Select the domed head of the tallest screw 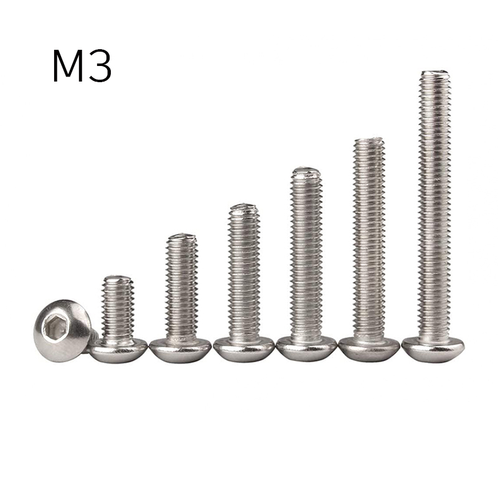(x=433, y=349)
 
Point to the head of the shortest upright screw (x=118, y=350)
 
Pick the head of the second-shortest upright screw (x=180, y=350)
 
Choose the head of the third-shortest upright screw (x=243, y=349)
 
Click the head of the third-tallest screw (x=306, y=349)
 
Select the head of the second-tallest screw (x=369, y=349)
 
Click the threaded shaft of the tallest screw (x=434, y=205)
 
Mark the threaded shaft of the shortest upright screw (x=117, y=308)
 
